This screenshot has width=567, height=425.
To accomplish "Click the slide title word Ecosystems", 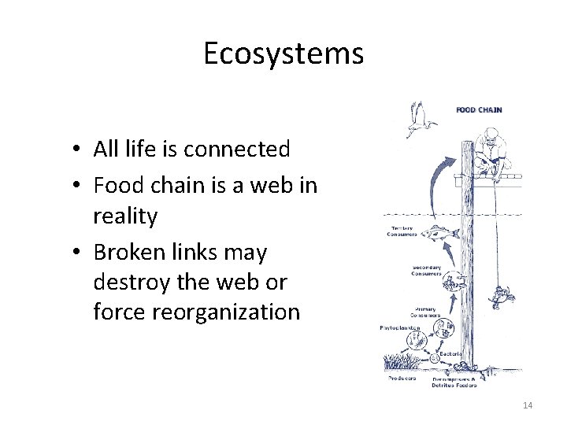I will pos(283,54).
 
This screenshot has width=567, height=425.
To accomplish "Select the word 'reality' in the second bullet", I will pos(125,216).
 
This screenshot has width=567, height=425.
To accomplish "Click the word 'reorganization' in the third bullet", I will pos(196,312).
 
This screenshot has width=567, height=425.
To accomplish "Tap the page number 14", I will pos(527,405).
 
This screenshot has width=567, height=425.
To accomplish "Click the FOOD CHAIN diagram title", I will pos(479,110).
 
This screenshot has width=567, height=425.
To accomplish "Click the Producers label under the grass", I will pos(402,378).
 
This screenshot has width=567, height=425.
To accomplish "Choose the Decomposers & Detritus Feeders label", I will pos(454,383).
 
